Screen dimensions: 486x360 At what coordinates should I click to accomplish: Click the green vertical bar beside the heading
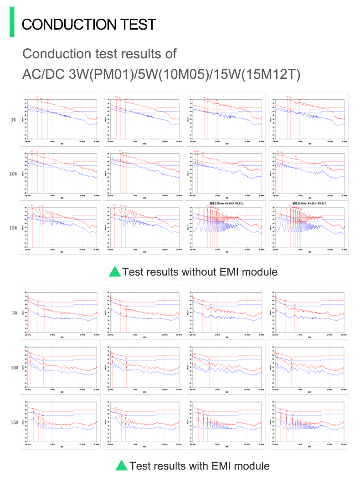[12, 22]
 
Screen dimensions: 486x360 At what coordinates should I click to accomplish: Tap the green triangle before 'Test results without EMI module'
[115, 272]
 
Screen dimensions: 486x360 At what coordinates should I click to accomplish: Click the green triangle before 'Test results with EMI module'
[121, 466]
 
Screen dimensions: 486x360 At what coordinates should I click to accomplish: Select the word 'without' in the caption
[198, 272]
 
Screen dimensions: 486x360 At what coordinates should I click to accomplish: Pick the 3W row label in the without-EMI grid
[14, 120]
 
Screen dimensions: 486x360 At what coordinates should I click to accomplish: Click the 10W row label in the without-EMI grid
[14, 174]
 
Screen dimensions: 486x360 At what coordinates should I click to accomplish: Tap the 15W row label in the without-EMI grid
[14, 228]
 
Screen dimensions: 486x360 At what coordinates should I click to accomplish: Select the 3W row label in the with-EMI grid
[14, 313]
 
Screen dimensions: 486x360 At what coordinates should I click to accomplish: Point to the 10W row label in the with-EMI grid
[14, 368]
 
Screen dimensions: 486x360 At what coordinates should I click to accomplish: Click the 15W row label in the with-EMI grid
[14, 422]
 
